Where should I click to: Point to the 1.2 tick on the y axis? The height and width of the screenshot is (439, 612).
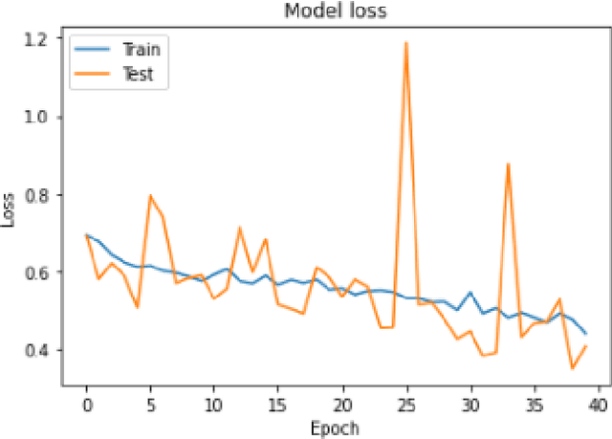(42, 39)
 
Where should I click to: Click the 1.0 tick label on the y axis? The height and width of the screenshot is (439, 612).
(42, 117)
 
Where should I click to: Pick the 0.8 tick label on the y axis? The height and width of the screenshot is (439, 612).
(42, 194)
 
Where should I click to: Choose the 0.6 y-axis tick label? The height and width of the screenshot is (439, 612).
(42, 273)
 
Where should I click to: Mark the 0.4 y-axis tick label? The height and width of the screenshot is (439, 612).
(42, 350)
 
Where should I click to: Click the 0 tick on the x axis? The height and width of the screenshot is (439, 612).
(86, 404)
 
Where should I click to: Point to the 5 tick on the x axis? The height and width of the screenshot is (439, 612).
(150, 404)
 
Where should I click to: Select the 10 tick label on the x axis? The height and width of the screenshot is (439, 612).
(214, 404)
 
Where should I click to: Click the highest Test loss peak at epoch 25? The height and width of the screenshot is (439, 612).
(406, 43)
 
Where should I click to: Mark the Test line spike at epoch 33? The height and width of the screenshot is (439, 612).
(509, 165)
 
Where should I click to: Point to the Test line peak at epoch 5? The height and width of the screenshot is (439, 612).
(150, 196)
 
